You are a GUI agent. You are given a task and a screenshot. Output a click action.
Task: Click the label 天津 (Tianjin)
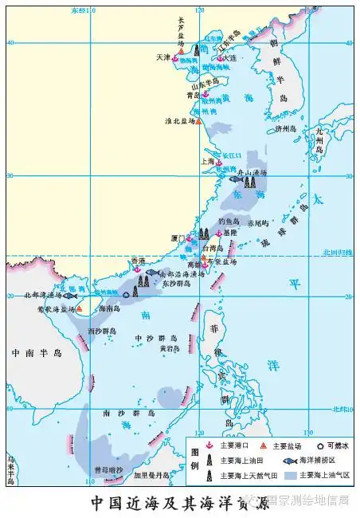pyautogui.click(x=163, y=57)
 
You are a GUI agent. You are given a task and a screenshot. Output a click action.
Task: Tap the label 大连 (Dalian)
pyautogui.click(x=230, y=57)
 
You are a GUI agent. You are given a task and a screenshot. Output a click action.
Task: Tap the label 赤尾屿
pyautogui.click(x=260, y=223)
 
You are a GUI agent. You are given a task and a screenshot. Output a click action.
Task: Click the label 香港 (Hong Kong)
pyautogui.click(x=138, y=261)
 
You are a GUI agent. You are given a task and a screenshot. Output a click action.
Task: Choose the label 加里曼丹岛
pyautogui.click(x=152, y=475)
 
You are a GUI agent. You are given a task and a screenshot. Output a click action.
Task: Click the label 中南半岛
pyautogui.click(x=35, y=351)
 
